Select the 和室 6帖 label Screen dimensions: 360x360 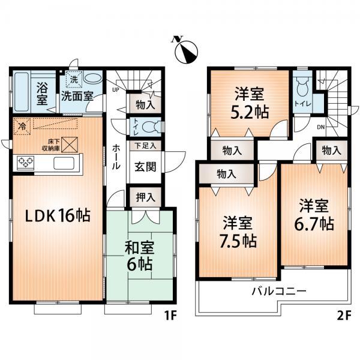(139, 256)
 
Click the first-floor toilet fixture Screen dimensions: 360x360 (152, 127)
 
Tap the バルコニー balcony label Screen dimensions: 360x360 (279, 291)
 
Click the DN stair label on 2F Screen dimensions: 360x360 (321, 127)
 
